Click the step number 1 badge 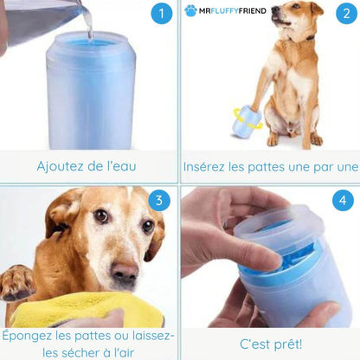tap(160, 14)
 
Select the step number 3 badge tap(158, 202)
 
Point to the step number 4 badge tap(343, 202)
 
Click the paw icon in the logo tap(190, 10)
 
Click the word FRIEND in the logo tap(247, 10)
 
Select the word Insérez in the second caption tap(208, 166)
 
